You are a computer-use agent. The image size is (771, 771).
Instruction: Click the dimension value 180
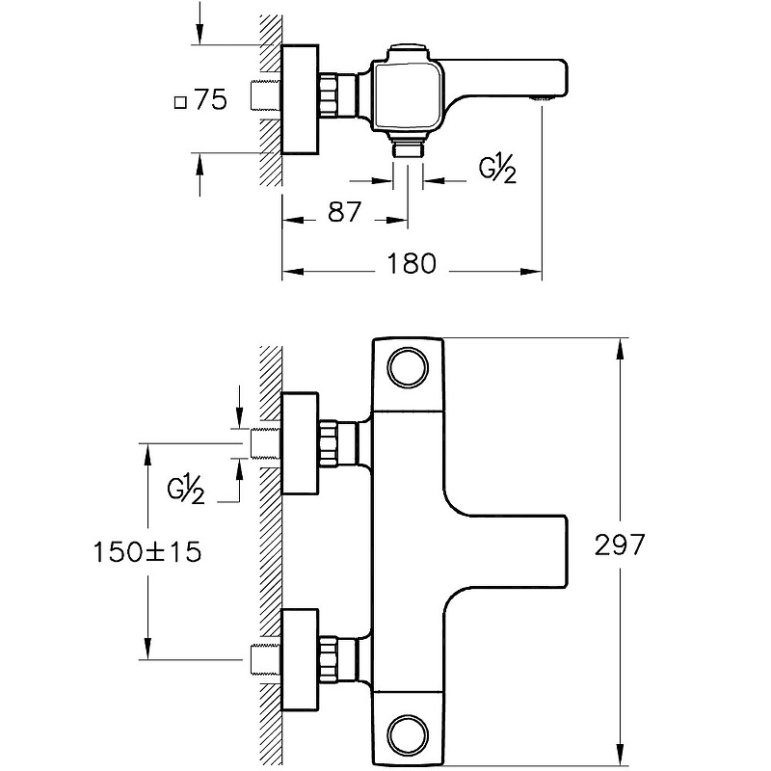(x=413, y=263)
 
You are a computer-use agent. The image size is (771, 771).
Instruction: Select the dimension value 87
(x=344, y=212)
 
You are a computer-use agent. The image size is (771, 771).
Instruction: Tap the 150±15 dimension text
(x=148, y=552)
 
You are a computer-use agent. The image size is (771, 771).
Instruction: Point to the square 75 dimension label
(x=201, y=100)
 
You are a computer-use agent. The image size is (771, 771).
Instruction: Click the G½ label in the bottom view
(x=187, y=491)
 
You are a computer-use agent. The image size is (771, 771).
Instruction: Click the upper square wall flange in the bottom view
(x=299, y=442)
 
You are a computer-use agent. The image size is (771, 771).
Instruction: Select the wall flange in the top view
(x=299, y=99)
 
